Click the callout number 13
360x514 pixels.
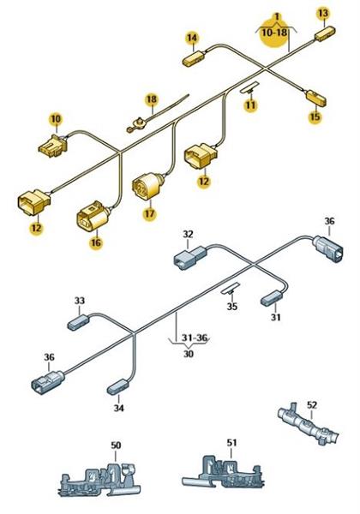point(323,14)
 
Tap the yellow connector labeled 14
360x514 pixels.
point(194,58)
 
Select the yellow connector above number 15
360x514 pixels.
point(316,98)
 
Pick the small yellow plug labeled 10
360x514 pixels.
point(53,146)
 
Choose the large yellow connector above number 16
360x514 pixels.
point(93,216)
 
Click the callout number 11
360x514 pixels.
point(251,105)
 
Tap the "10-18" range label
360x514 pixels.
point(274,33)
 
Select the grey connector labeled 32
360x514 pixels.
point(189,257)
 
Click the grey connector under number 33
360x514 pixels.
point(78,322)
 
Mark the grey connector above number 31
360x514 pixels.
point(272,298)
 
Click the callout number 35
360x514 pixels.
point(232,307)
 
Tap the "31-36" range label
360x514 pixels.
point(195,338)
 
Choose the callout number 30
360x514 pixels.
point(189,354)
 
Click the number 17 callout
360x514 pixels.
point(149,213)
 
